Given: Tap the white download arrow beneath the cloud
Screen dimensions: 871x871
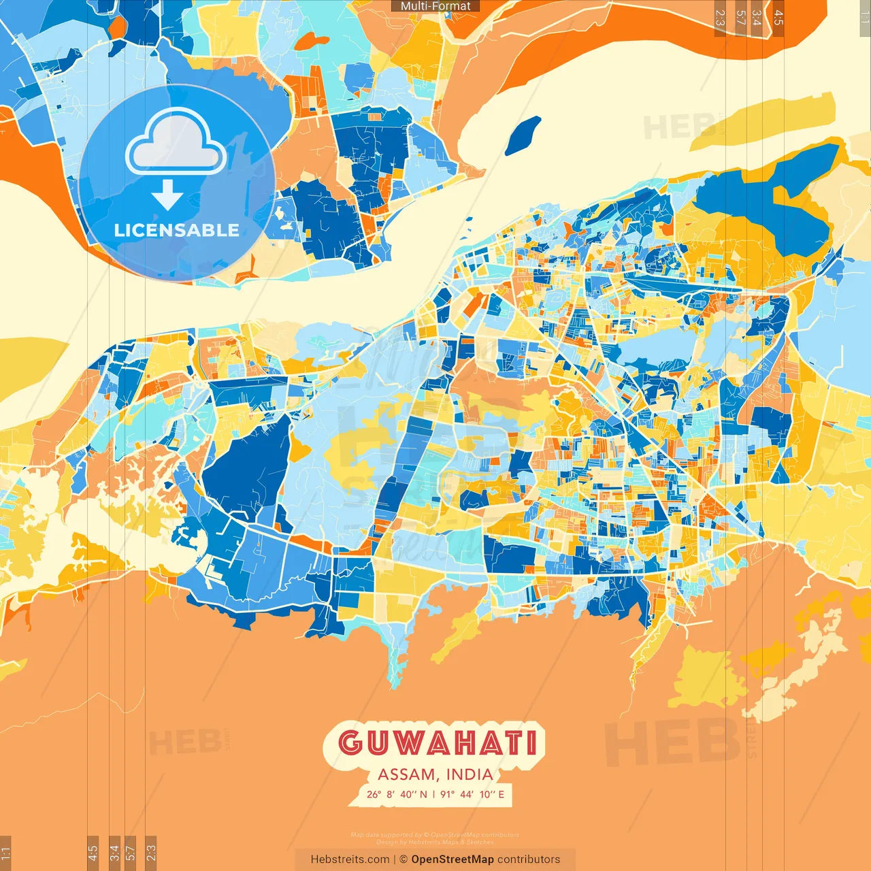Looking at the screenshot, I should tap(167, 195).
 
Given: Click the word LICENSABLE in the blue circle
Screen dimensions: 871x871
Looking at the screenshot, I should tap(176, 230).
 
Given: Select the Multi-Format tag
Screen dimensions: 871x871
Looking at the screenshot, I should tap(435, 6).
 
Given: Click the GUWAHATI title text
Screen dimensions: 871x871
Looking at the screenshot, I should tap(438, 743).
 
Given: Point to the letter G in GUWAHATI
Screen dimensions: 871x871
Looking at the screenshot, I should tap(350, 743).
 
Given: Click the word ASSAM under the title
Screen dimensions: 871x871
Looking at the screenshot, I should tap(406, 774).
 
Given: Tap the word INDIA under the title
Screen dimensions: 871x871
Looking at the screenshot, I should tap(470, 774).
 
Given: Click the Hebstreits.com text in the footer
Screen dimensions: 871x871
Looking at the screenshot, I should tap(350, 859).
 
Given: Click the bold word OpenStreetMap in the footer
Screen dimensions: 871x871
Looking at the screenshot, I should tap(452, 859).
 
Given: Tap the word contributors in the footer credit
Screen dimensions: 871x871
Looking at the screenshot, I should tap(529, 859).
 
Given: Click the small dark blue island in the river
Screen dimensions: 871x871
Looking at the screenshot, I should tap(523, 134).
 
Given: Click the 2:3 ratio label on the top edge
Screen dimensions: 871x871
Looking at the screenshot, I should tap(720, 18).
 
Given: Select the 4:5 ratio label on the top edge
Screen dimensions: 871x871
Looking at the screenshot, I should tap(778, 18).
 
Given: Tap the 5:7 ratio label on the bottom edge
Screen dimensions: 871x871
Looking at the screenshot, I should tap(131, 853).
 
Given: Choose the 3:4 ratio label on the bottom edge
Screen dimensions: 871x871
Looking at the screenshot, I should tap(114, 853).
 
